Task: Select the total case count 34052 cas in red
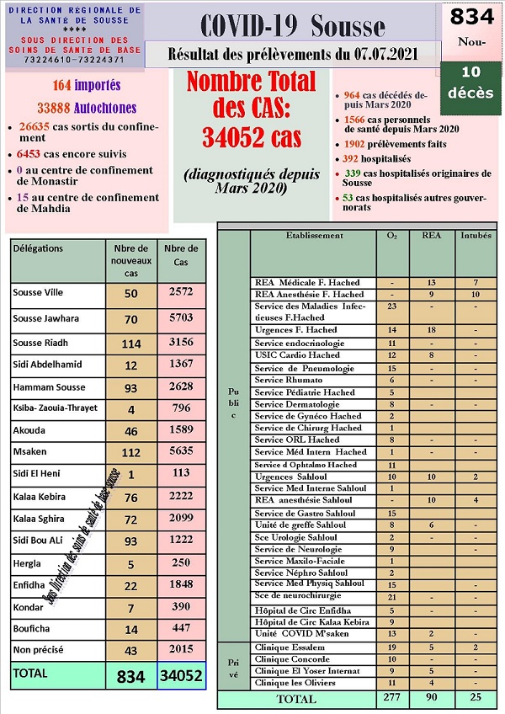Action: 251,136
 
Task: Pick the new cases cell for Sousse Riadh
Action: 130,343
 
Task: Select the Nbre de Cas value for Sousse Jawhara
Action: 181,318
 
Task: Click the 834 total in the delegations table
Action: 130,676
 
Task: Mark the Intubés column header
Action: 476,236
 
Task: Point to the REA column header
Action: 431,236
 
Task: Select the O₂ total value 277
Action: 390,699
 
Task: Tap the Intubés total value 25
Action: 476,699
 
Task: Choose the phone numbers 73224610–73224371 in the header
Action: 73,61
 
